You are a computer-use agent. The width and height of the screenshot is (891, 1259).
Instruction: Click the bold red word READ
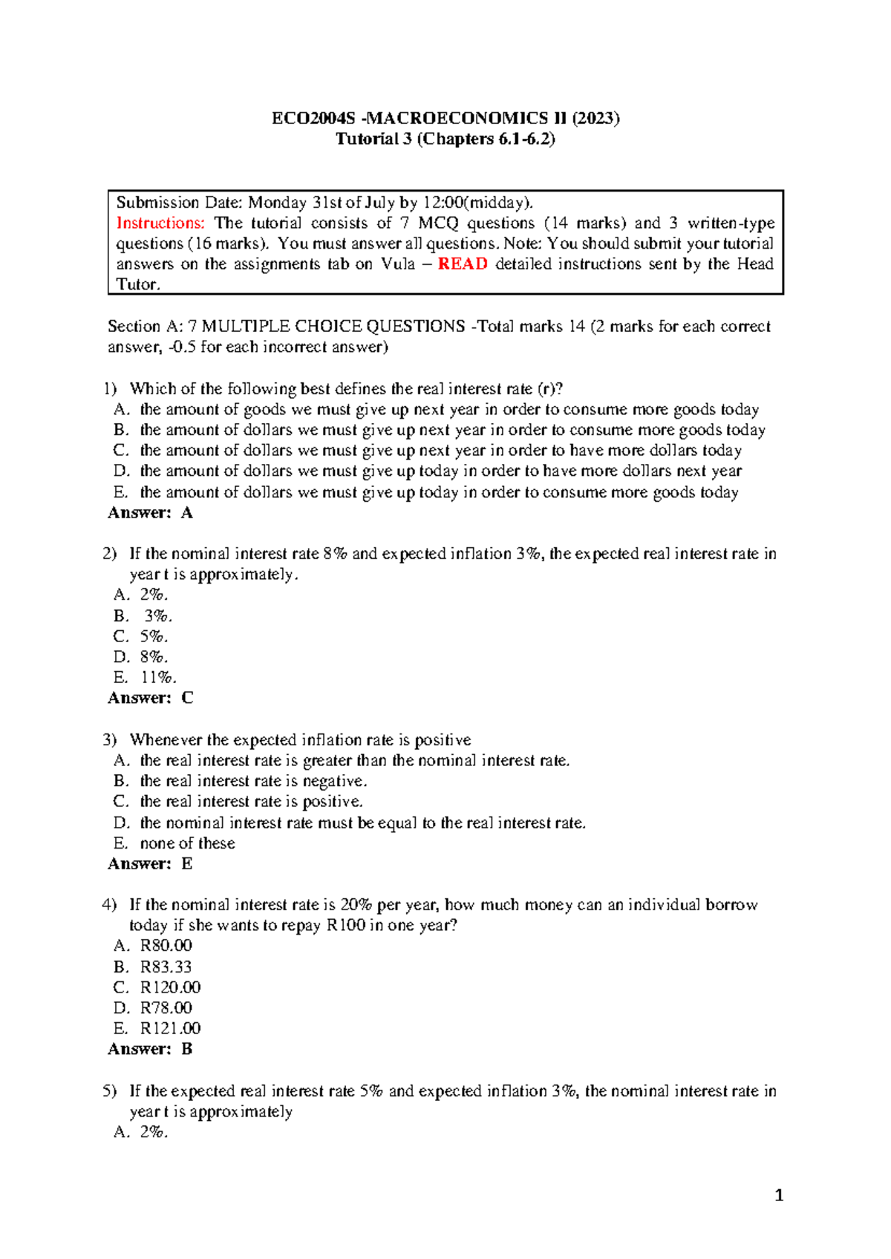(x=463, y=264)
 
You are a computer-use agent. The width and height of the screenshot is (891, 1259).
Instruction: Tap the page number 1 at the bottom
(x=779, y=1195)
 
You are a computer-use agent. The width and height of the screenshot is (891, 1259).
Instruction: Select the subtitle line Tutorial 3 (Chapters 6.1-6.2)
(x=446, y=139)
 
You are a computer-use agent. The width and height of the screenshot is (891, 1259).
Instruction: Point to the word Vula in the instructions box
(x=398, y=264)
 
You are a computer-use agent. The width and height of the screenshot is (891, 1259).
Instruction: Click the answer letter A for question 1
(x=186, y=512)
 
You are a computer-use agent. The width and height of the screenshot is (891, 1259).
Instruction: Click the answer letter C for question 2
(x=187, y=698)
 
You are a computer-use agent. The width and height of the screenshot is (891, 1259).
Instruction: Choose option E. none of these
(x=174, y=843)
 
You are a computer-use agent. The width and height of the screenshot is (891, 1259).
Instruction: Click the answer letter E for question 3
(x=187, y=863)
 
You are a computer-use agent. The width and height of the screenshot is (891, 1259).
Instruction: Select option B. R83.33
(x=153, y=967)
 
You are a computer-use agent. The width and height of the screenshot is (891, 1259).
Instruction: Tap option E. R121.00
(x=157, y=1028)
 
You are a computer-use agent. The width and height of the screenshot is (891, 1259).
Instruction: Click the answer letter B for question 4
(x=187, y=1049)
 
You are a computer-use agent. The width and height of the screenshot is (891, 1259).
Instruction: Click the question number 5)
(x=110, y=1090)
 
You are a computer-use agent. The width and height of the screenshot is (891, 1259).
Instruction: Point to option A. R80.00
(x=153, y=946)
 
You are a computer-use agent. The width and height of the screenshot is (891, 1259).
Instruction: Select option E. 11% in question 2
(x=145, y=677)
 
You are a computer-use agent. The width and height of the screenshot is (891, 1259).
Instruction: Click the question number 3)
(x=110, y=740)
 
